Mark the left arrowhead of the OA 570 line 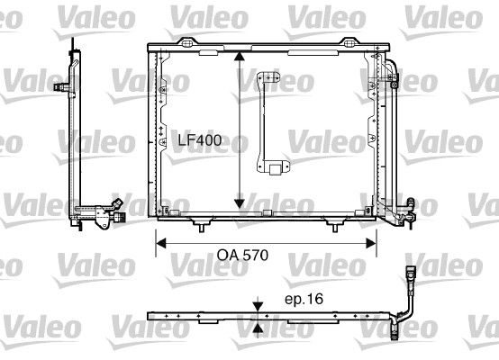click(161, 241)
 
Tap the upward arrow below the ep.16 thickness click(259, 328)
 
